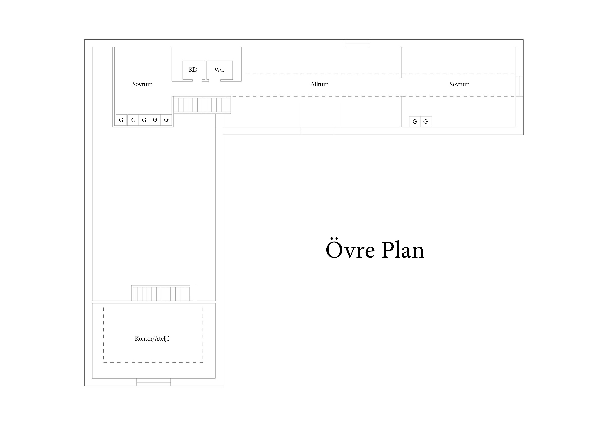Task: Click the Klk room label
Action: [x=193, y=69]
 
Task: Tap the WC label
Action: [x=219, y=70]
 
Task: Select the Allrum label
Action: [x=319, y=84]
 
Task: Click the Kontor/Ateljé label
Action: [x=152, y=339]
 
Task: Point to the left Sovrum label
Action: [x=142, y=84]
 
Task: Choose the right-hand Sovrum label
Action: [x=459, y=84]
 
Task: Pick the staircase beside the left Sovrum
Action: [x=202, y=105]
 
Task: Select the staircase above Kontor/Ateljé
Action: [x=161, y=293]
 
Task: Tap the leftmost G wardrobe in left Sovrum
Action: [x=121, y=120]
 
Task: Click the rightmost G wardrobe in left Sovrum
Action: [x=166, y=120]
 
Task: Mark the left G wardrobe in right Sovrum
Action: [x=414, y=122]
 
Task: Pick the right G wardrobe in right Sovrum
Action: [x=426, y=122]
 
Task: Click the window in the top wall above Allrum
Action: [x=357, y=43]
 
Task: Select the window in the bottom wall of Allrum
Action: [x=318, y=131]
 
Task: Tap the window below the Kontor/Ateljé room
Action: [x=154, y=382]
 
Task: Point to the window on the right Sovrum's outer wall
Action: [x=520, y=86]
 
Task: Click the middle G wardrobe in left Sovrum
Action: [x=144, y=120]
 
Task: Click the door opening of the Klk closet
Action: [x=197, y=80]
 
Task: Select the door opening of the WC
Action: [x=215, y=80]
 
